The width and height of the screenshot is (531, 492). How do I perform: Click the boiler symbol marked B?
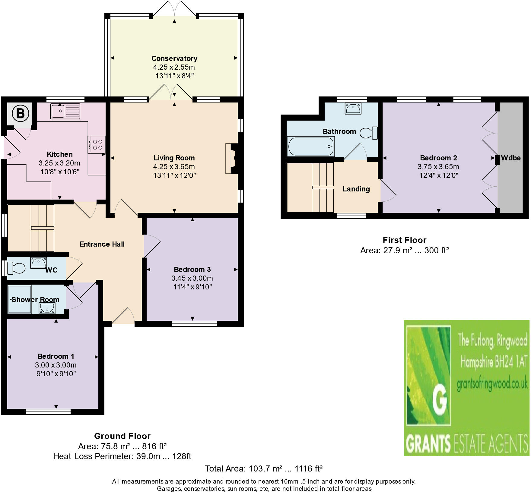click(20, 114)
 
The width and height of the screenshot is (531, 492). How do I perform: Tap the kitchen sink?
click(65, 111)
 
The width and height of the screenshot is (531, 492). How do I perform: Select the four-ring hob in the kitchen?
click(97, 145)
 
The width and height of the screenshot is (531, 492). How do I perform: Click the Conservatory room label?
click(174, 58)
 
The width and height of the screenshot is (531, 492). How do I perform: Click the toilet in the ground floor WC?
click(17, 268)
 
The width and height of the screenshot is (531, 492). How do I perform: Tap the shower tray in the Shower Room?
click(20, 299)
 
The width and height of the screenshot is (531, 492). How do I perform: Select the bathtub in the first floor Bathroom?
click(311, 147)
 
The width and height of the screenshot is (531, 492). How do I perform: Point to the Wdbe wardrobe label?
click(510, 158)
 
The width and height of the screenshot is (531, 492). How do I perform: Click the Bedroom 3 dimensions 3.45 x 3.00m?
click(192, 278)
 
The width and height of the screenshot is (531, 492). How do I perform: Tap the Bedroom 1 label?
click(56, 356)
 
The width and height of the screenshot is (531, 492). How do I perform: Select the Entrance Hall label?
click(102, 244)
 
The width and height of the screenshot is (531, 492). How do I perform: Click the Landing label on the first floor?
click(356, 189)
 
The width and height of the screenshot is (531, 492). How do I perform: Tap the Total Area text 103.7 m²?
click(263, 469)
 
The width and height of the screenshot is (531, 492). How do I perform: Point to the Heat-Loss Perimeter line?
click(122, 456)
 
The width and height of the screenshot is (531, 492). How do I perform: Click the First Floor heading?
click(404, 240)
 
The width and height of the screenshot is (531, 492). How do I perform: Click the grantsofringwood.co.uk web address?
click(492, 383)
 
